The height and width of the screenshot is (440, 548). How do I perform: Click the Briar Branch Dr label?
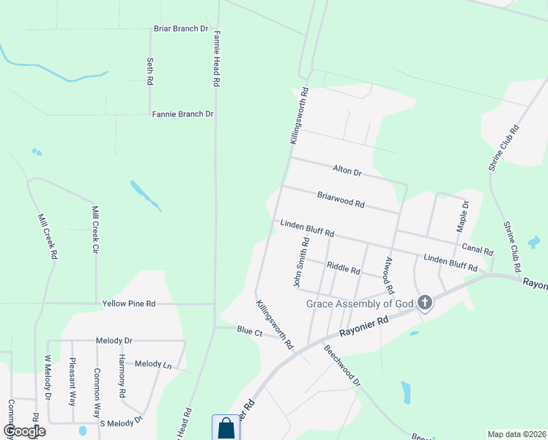click(x=180, y=29)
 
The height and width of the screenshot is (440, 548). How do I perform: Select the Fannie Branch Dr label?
click(x=182, y=114)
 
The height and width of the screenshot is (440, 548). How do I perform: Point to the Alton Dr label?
click(x=347, y=172)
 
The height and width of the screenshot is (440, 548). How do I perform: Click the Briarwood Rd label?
click(x=341, y=199)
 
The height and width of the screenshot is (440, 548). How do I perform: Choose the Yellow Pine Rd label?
click(x=129, y=303)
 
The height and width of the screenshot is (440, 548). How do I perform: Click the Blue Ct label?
click(x=249, y=331)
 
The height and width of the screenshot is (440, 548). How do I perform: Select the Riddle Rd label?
click(x=343, y=268)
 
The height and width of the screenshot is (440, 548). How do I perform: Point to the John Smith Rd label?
click(x=300, y=262)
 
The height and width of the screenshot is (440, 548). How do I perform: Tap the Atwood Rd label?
click(x=389, y=274)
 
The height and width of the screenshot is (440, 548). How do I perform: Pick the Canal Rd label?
click(x=477, y=250)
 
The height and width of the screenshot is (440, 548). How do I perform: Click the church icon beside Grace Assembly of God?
click(x=424, y=303)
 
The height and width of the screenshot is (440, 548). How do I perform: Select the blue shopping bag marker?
click(x=226, y=428)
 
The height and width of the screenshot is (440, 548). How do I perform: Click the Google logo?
click(x=24, y=431)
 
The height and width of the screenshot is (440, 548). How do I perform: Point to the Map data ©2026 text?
click(x=516, y=434)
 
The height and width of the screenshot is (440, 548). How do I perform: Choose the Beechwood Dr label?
click(x=343, y=365)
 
